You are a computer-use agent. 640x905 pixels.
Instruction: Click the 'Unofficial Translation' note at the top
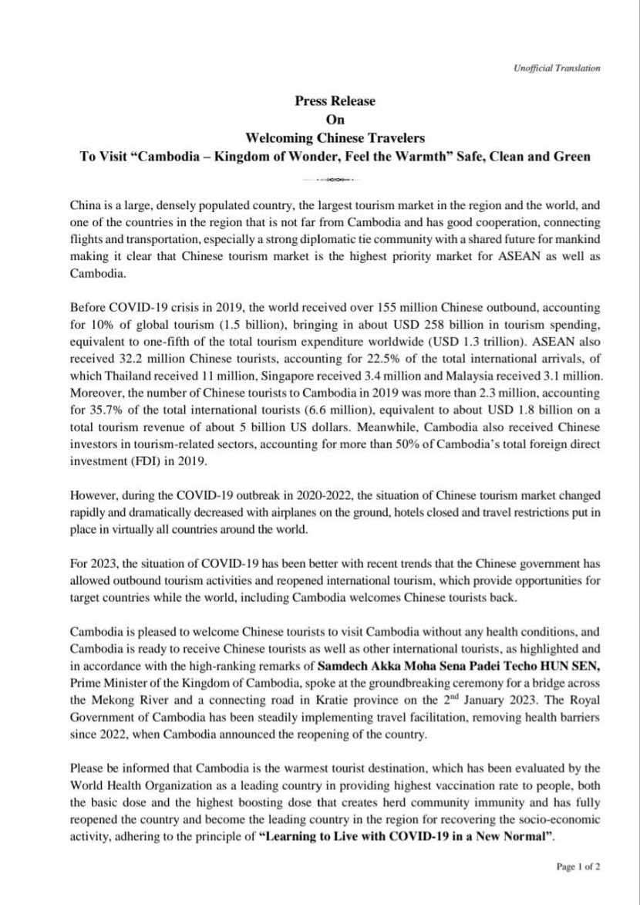pyautogui.click(x=557, y=69)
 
